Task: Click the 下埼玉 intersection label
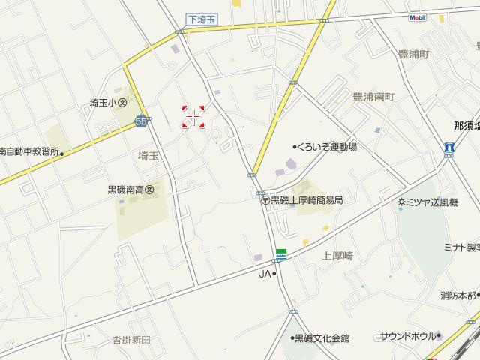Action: pyautogui.click(x=200, y=19)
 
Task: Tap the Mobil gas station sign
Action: pyautogui.click(x=418, y=17)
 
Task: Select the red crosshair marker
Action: pyautogui.click(x=193, y=117)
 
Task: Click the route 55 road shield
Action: pyautogui.click(x=142, y=121)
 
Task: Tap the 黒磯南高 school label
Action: pyautogui.click(x=130, y=190)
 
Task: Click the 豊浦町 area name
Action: pyautogui.click(x=413, y=55)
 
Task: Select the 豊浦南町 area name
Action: pyautogui.click(x=373, y=97)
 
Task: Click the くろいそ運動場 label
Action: pyautogui.click(x=325, y=147)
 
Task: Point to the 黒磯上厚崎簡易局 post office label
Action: pyautogui.click(x=302, y=200)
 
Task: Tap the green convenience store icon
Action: pyautogui.click(x=280, y=254)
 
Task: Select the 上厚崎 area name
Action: pyautogui.click(x=337, y=256)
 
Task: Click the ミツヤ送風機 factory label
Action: pyautogui.click(x=428, y=202)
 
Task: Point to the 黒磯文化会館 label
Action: pyautogui.click(x=320, y=338)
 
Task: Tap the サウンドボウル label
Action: pyautogui.click(x=409, y=336)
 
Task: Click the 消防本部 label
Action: pyautogui.click(x=458, y=295)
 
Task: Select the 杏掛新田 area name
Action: pyautogui.click(x=131, y=340)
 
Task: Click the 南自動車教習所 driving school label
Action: pyautogui.click(x=29, y=151)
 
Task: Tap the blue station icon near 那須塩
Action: pyautogui.click(x=448, y=148)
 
